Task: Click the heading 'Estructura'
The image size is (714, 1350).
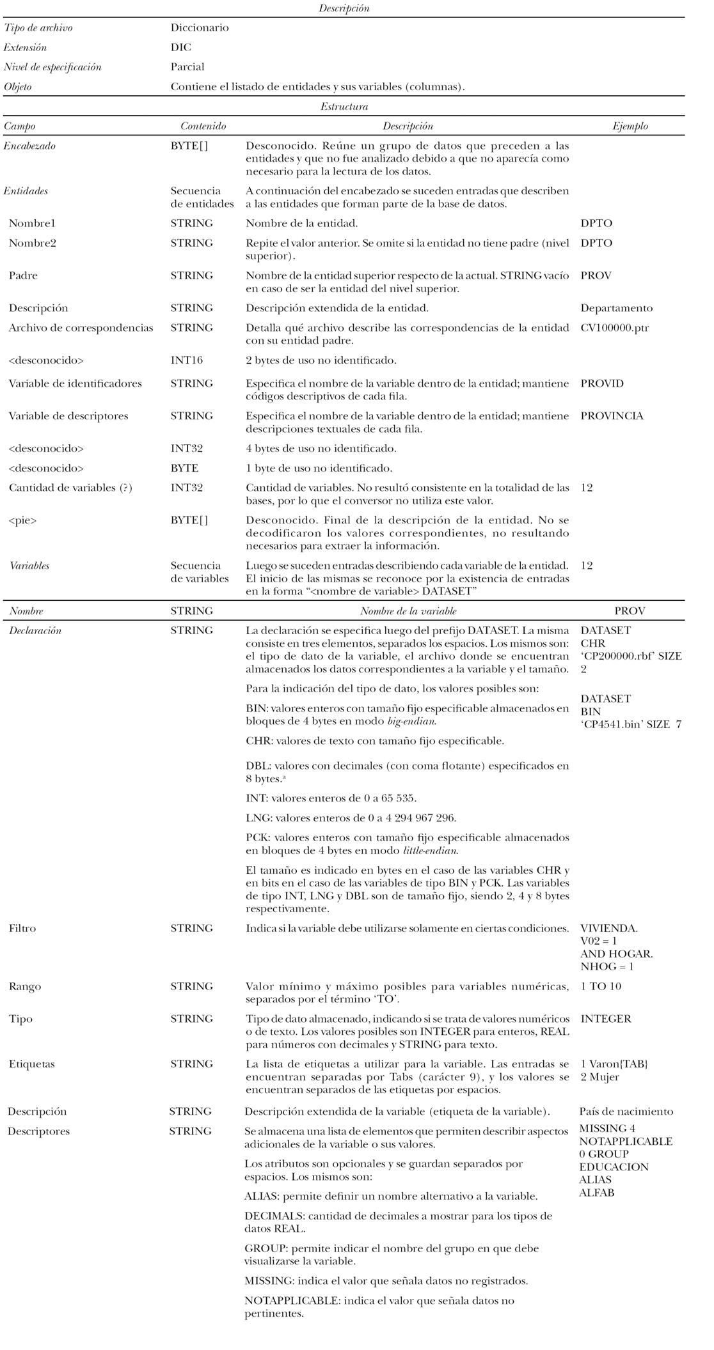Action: click(344, 107)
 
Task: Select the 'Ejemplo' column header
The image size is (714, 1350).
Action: click(630, 127)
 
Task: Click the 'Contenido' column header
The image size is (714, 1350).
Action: click(203, 127)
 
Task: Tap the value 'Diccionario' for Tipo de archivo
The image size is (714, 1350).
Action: click(199, 28)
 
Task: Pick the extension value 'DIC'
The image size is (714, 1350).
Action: click(180, 48)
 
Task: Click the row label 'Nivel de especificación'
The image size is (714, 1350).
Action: click(52, 67)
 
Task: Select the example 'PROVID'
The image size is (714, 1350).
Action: click(601, 384)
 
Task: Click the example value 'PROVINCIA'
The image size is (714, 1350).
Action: click(612, 416)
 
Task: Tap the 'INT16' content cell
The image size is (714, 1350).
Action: click(186, 361)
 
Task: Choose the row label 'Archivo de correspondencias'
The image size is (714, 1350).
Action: click(81, 328)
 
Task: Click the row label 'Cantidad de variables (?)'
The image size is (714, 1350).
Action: click(70, 488)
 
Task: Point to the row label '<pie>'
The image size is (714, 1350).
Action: click(22, 520)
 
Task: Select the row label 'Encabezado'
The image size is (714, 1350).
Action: click(29, 146)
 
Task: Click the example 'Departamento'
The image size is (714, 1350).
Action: click(616, 308)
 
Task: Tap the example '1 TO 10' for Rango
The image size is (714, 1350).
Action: click(600, 986)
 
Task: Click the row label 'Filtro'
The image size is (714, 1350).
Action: click(22, 928)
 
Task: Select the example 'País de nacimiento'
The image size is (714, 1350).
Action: click(626, 1112)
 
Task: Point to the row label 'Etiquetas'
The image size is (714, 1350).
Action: click(31, 1064)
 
